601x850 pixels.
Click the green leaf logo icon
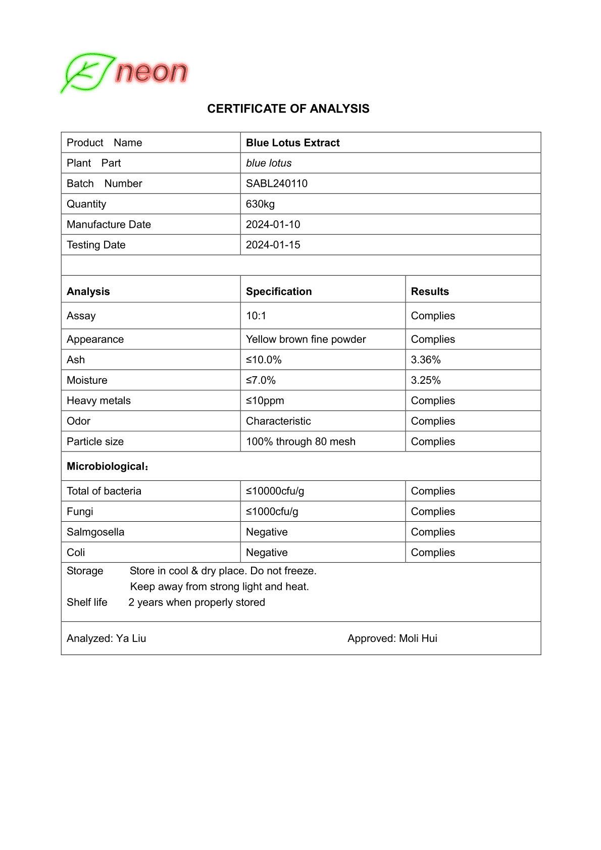(x=87, y=73)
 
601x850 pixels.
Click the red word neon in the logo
(x=151, y=72)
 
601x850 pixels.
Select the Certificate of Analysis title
(x=288, y=109)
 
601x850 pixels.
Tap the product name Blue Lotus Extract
(x=292, y=143)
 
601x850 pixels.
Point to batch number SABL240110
(x=276, y=183)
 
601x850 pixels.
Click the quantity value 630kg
(x=260, y=204)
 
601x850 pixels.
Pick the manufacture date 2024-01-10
(x=273, y=224)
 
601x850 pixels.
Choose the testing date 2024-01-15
(x=273, y=245)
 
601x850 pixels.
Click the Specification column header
(x=279, y=291)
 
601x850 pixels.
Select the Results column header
(x=430, y=291)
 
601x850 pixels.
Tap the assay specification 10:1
(x=256, y=316)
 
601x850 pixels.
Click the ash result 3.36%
(x=426, y=360)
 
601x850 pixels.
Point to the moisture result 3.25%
(x=426, y=380)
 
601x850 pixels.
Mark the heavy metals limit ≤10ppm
(x=265, y=401)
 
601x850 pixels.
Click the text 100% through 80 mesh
(x=300, y=441)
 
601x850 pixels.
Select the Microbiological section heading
(x=107, y=466)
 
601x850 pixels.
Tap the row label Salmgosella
(x=95, y=532)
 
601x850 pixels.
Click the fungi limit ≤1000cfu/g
(x=272, y=512)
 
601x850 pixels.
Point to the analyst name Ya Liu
(x=131, y=638)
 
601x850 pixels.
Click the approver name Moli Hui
(x=418, y=638)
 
